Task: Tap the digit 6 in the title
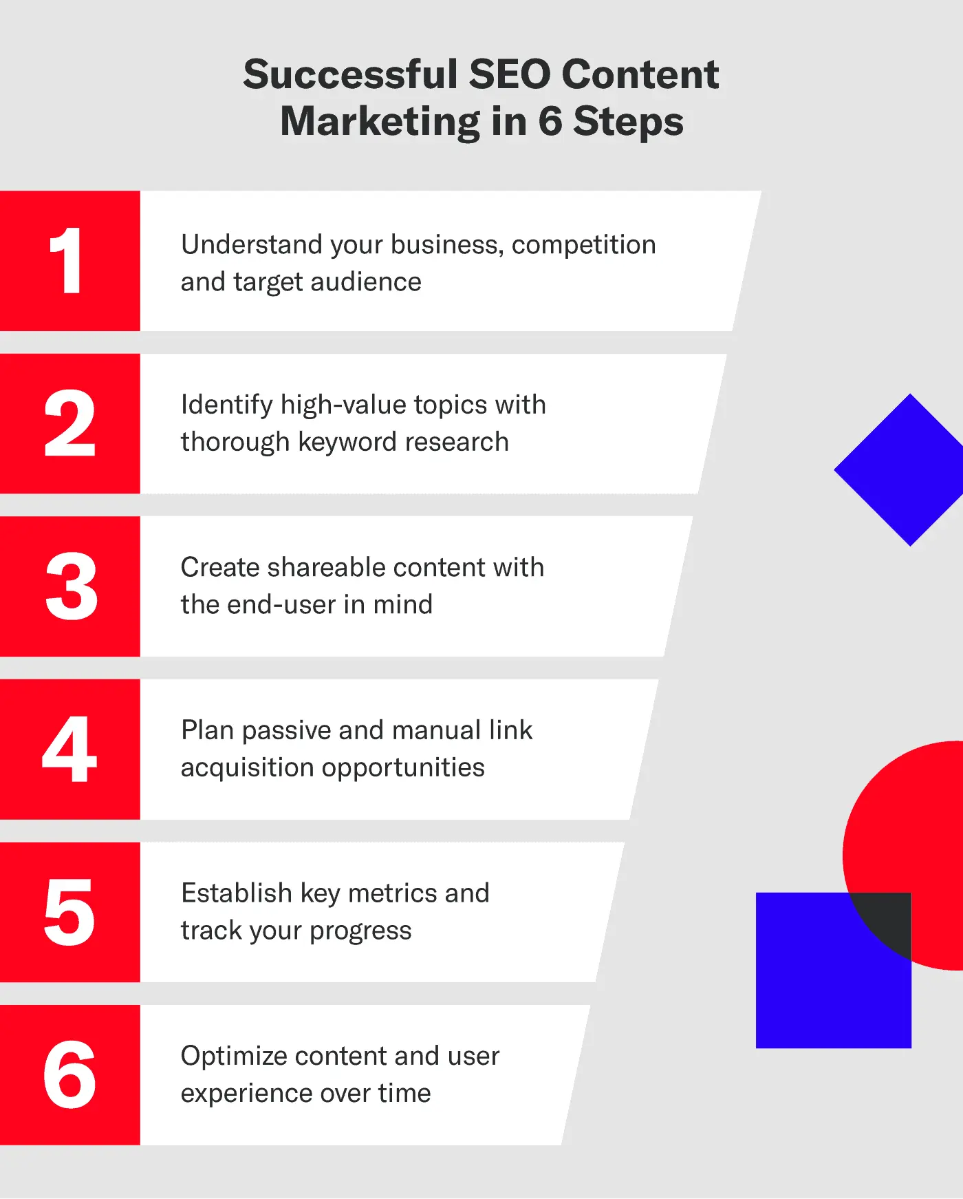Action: click(550, 121)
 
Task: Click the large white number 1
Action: click(67, 261)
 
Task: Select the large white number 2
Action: click(69, 423)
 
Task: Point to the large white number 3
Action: click(71, 586)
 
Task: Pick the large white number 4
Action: click(69, 749)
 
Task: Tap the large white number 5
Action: click(69, 912)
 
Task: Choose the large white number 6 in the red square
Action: click(69, 1074)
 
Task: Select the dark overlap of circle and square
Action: click(887, 920)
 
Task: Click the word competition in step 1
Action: click(583, 246)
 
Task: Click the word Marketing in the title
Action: click(380, 122)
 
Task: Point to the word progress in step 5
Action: click(360, 931)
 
